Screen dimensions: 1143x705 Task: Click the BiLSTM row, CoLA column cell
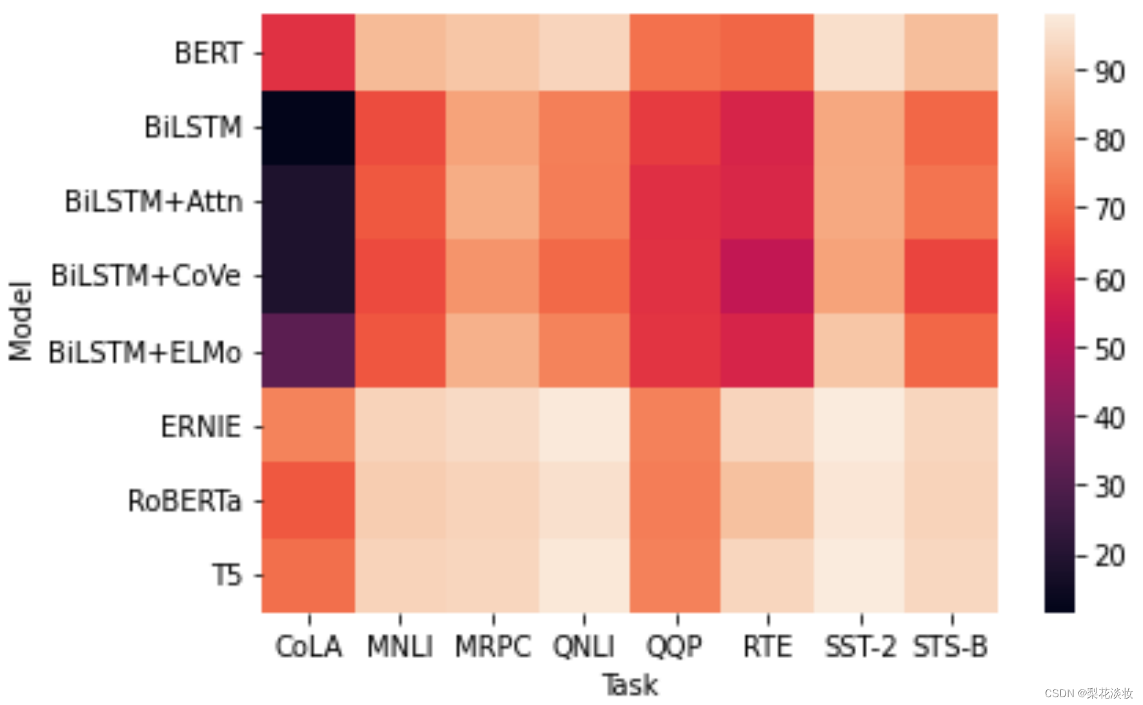(x=308, y=128)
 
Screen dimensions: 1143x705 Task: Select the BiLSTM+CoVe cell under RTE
(x=767, y=277)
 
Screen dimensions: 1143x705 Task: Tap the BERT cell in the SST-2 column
(x=859, y=53)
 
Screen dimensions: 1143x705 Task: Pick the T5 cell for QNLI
(x=584, y=575)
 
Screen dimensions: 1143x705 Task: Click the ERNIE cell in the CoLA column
(x=308, y=425)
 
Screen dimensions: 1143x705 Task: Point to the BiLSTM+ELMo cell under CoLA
(x=308, y=351)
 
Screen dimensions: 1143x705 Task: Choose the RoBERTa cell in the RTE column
(x=767, y=500)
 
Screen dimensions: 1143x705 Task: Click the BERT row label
(x=209, y=53)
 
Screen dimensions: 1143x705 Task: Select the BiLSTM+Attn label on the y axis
(x=154, y=202)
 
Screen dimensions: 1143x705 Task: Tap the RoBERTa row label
(x=185, y=501)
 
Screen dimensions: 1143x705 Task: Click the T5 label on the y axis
(x=227, y=575)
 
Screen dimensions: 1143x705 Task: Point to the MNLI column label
(x=400, y=646)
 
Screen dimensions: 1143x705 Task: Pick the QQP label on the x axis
(x=675, y=646)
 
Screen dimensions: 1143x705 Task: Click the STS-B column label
(x=950, y=646)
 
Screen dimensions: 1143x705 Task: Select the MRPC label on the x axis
(x=493, y=646)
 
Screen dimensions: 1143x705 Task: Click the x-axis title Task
(x=630, y=685)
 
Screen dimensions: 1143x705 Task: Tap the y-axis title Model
(x=20, y=321)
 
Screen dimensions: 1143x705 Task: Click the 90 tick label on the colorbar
(x=1109, y=72)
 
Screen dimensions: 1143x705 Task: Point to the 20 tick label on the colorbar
(x=1109, y=556)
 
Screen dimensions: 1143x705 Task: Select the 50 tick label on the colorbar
(x=1109, y=350)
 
